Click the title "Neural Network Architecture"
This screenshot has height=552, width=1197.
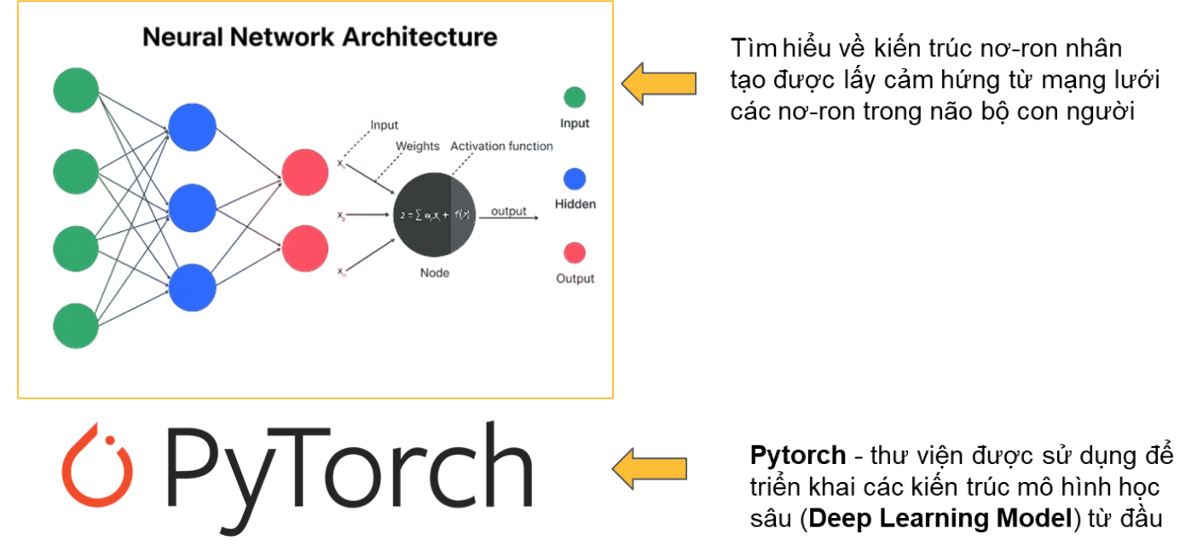tap(320, 38)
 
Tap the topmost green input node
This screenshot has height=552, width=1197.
tap(77, 90)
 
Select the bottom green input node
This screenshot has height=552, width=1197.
tap(77, 326)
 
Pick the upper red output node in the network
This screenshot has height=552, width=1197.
tap(305, 172)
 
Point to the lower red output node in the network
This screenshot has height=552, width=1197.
tap(305, 248)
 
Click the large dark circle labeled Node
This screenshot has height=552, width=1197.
tap(433, 214)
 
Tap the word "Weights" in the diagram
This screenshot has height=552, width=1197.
tap(418, 146)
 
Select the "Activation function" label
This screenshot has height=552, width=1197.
tap(501, 146)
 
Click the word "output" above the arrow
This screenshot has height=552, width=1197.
tap(508, 211)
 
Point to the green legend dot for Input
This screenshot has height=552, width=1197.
tap(575, 97)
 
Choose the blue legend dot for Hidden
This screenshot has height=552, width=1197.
tap(575, 178)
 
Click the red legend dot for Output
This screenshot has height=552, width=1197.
tap(575, 253)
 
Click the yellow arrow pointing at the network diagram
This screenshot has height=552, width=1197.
tap(658, 83)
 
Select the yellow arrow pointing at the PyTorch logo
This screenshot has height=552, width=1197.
tap(649, 468)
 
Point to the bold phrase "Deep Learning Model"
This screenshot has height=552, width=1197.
tap(939, 518)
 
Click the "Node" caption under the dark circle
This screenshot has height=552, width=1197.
tap(434, 273)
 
